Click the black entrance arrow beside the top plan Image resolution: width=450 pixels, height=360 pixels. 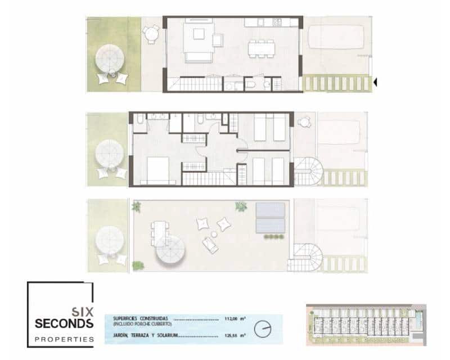click(375, 82)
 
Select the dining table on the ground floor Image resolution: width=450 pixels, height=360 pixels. click(261, 48)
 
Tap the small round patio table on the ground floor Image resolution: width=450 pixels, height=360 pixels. click(151, 35)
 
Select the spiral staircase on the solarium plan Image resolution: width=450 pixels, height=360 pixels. click(307, 258)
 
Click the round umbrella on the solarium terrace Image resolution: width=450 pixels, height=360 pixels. click(170, 251)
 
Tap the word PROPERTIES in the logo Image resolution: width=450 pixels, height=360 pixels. click(64, 339)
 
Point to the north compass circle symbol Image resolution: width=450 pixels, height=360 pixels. click(262, 327)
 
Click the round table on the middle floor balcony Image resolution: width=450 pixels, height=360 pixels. click(304, 121)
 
